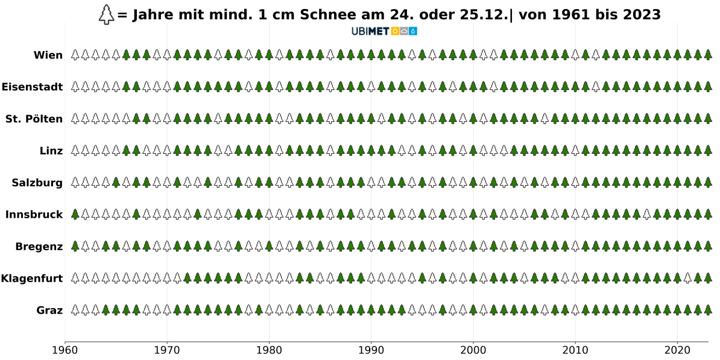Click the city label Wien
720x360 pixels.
(x=48, y=55)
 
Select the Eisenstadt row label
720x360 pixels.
(x=32, y=87)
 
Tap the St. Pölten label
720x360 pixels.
(x=34, y=119)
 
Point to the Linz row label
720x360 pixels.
(x=51, y=151)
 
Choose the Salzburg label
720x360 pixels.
(x=37, y=183)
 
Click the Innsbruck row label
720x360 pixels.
(x=34, y=214)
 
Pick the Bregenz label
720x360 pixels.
(x=39, y=246)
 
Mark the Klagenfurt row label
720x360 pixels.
(x=32, y=278)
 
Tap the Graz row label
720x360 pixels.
(x=49, y=310)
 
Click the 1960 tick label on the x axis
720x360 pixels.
(x=65, y=350)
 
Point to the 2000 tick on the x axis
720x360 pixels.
(x=473, y=350)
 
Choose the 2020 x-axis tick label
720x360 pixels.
(x=677, y=350)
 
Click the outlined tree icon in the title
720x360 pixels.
(x=106, y=14)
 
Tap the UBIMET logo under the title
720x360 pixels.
(x=384, y=31)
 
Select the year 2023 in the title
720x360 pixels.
(x=640, y=14)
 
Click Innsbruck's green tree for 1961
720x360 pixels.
(x=75, y=214)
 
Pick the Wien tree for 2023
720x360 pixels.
(x=708, y=55)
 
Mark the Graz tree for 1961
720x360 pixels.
(x=75, y=310)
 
